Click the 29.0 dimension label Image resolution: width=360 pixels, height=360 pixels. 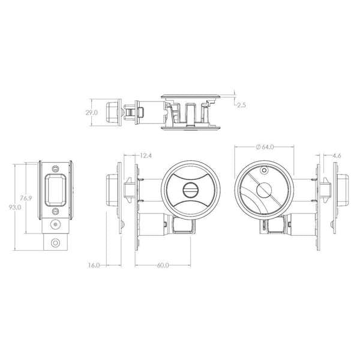click(91, 112)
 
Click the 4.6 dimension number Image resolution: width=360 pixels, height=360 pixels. click(336, 157)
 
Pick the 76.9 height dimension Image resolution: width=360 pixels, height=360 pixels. click(25, 197)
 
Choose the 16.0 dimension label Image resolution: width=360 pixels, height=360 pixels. click(94, 265)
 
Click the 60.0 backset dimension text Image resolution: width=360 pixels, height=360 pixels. click(161, 265)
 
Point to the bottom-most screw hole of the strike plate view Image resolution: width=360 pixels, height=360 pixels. click(56, 242)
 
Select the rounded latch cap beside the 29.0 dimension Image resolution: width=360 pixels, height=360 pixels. click(111, 112)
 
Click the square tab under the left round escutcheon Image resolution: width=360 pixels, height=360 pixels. click(182, 226)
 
